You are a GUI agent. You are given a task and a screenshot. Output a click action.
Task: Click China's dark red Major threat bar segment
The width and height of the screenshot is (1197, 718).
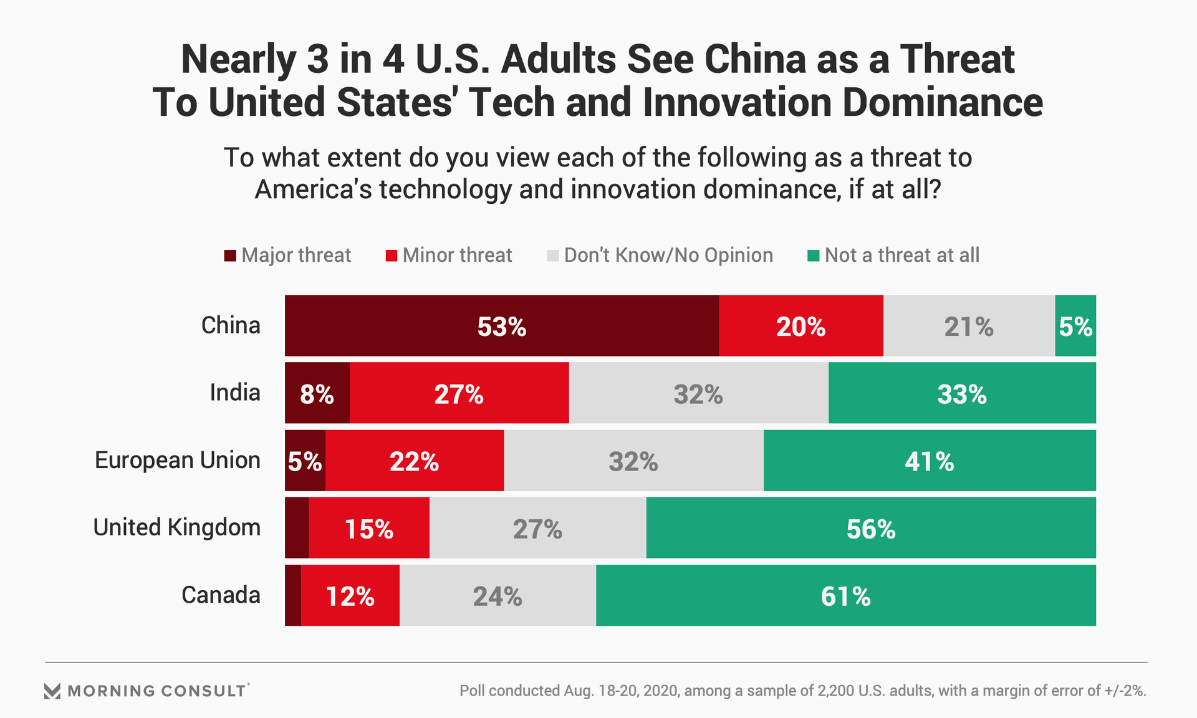[x=436, y=325]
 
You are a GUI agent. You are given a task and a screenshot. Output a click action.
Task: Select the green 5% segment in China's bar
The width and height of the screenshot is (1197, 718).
[x=1075, y=326]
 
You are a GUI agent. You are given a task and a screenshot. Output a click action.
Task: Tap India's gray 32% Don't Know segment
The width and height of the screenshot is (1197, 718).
[x=698, y=393]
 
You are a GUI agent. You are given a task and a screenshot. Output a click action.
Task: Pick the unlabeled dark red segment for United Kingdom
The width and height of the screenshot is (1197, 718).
[x=297, y=528]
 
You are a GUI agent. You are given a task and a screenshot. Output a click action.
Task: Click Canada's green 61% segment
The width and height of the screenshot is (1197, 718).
[x=845, y=596]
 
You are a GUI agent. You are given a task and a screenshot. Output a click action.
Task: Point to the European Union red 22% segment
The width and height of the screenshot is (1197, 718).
[x=414, y=461]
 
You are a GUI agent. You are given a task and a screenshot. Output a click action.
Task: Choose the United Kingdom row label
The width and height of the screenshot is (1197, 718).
[x=176, y=528]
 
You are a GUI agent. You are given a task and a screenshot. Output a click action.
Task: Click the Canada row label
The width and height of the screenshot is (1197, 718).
[x=221, y=595]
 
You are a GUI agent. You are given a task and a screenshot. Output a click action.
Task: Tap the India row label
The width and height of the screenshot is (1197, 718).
[x=234, y=393]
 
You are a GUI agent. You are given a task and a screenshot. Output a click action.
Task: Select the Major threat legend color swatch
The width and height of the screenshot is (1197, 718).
[x=230, y=256]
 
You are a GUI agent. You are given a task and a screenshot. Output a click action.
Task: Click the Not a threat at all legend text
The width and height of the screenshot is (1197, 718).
[x=901, y=255]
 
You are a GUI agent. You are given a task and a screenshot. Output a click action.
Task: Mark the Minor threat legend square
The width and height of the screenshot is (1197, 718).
[x=392, y=256]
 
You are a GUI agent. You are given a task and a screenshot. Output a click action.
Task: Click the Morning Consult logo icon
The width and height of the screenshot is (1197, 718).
[x=52, y=691]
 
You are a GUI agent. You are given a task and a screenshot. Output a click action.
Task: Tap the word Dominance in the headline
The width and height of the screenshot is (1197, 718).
[x=943, y=103]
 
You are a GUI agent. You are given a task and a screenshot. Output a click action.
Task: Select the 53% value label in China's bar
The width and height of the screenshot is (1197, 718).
[x=502, y=327]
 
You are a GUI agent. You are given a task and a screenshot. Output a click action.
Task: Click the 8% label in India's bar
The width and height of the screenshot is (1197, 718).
[x=317, y=394]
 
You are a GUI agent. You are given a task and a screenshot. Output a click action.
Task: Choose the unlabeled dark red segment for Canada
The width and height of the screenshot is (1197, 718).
[x=293, y=595]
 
